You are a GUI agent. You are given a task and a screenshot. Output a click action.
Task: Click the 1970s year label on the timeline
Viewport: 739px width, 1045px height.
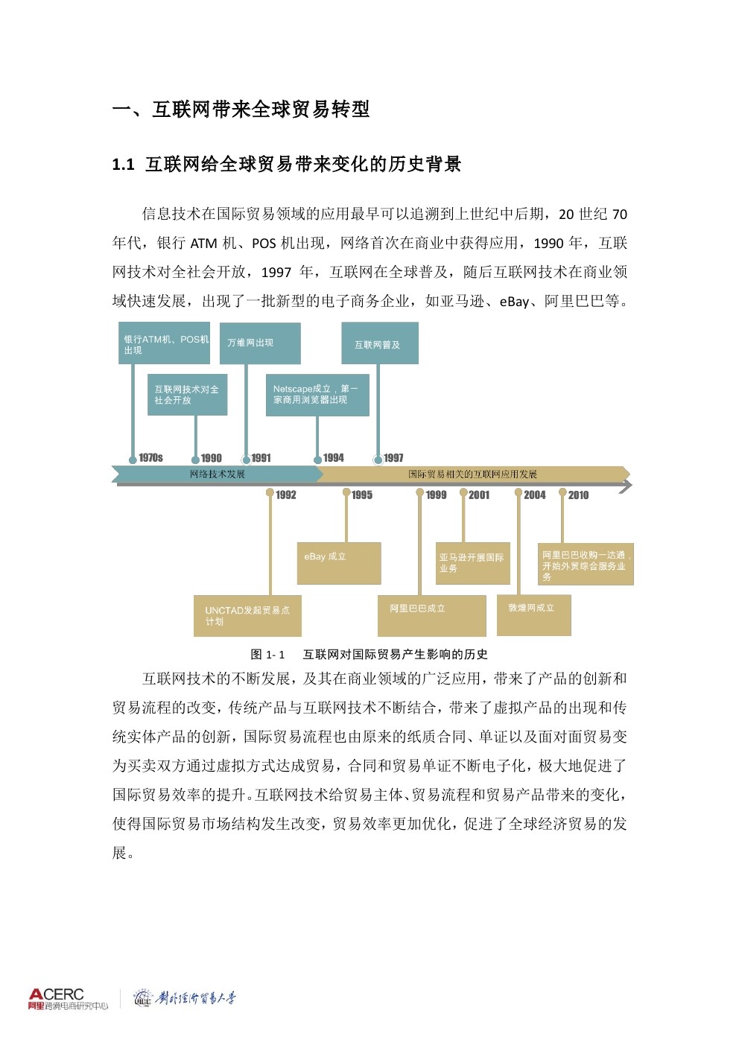pos(150,458)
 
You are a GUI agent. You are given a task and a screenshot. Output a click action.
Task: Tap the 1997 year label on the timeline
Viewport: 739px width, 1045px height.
pos(393,458)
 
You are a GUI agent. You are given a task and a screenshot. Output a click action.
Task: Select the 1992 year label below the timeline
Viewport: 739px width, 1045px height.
pos(286,495)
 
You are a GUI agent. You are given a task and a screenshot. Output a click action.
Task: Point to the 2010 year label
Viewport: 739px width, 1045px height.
pos(578,495)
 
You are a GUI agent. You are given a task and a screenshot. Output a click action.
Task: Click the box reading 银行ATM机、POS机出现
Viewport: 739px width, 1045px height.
pos(164,343)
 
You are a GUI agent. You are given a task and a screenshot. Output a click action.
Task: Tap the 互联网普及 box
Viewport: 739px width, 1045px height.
pos(380,343)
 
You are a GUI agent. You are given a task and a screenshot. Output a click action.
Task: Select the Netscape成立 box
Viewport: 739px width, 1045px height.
pos(317,395)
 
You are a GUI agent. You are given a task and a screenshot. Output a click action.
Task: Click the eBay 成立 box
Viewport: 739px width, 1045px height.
pos(339,562)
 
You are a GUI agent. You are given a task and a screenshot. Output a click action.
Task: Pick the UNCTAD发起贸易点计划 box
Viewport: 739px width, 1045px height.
pos(247,615)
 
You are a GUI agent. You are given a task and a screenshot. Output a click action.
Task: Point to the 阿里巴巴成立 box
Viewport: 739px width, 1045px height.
pos(432,615)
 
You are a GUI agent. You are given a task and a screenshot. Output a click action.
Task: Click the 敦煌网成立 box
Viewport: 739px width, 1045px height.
pos(533,614)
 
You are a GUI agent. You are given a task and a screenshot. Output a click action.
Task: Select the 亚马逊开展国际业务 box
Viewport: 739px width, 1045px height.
pos(473,563)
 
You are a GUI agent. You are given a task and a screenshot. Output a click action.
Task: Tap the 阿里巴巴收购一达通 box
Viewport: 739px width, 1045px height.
pos(586,564)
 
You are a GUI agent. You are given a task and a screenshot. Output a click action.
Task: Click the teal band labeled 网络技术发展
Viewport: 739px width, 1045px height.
pos(217,474)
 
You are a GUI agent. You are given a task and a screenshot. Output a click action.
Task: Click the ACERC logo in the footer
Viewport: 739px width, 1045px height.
pos(68,999)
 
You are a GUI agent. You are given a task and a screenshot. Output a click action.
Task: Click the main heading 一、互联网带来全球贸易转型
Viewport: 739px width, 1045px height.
pos(241,109)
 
